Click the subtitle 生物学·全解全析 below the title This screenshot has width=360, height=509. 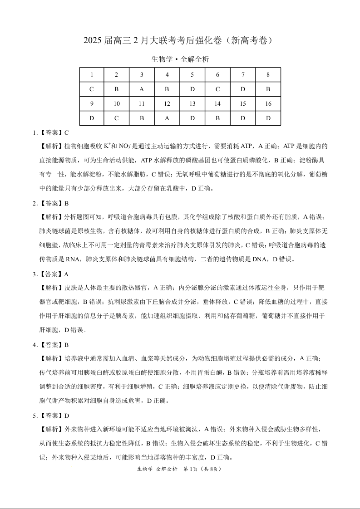tap(180, 59)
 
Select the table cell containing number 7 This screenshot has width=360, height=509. tap(243, 75)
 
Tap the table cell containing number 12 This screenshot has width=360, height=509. tap(167, 104)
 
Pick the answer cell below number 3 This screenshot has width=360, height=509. tap(142, 89)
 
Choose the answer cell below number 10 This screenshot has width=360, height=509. tap(117, 118)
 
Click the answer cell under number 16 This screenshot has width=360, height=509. tap(268, 118)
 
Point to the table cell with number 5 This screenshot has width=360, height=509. tap(192, 75)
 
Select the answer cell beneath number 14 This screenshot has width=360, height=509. tap(217, 118)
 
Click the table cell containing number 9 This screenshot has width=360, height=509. tap(92, 104)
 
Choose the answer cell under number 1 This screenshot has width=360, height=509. tap(92, 89)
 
